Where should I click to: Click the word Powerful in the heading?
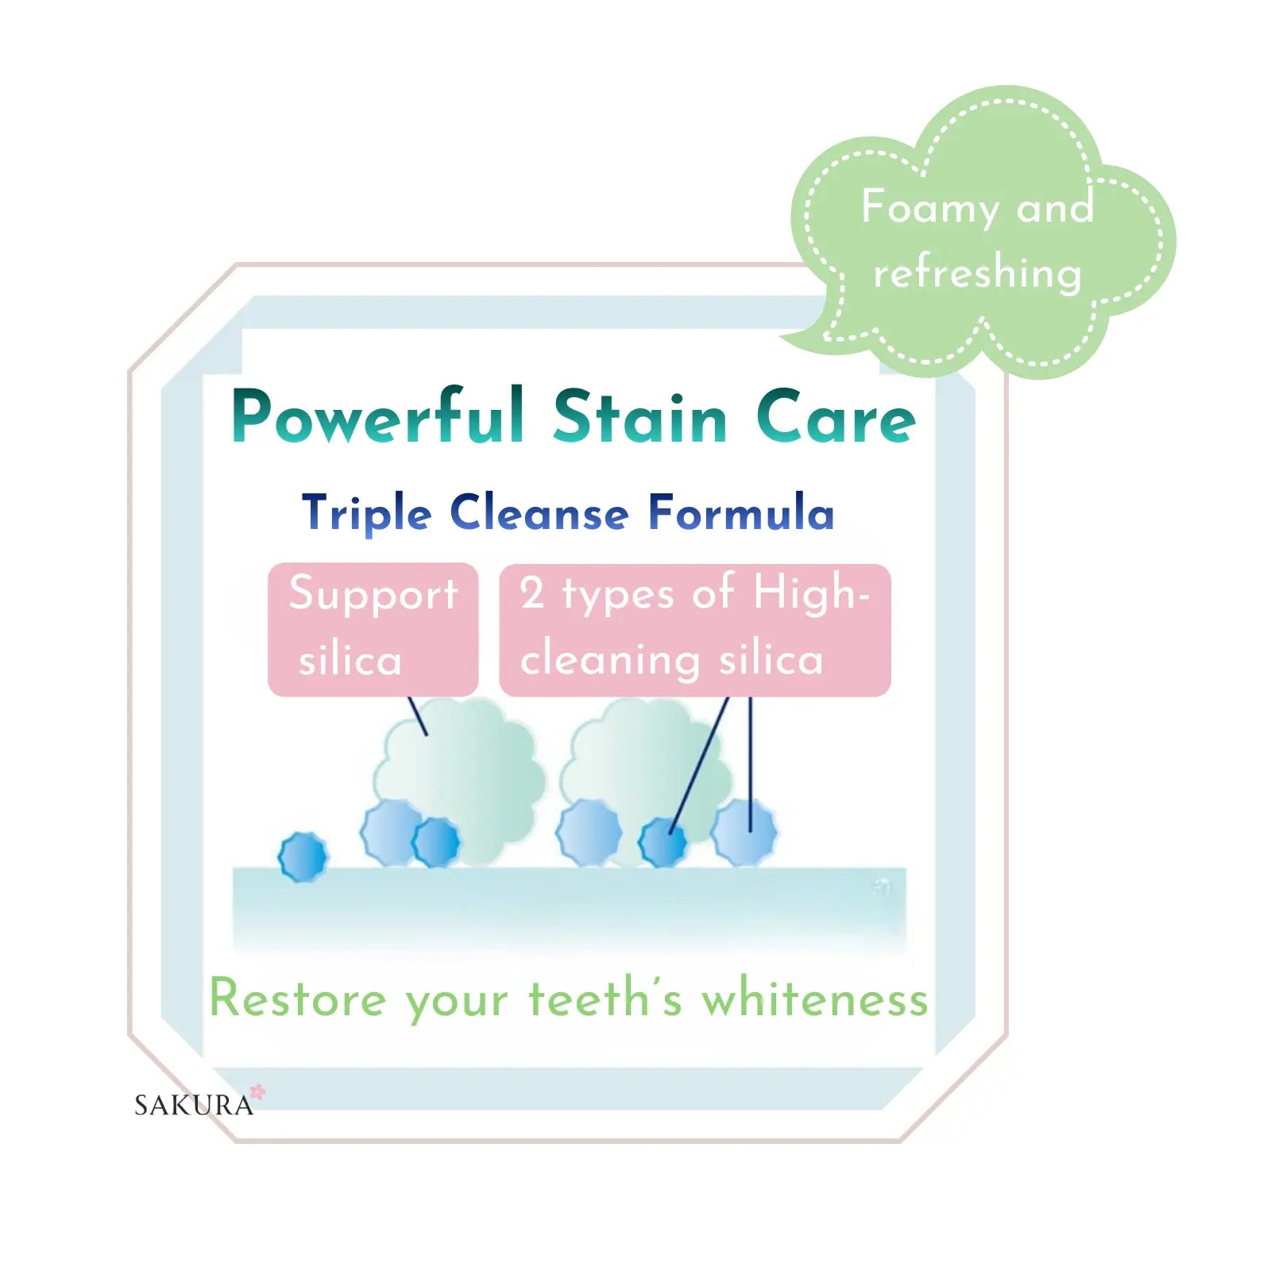(x=378, y=415)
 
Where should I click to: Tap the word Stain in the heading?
(x=640, y=415)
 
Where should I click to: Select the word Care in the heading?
(x=836, y=416)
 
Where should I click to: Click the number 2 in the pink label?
(x=532, y=593)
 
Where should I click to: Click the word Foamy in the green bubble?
(x=930, y=208)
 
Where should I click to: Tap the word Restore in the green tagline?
(x=298, y=999)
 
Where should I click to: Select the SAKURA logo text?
(x=194, y=1105)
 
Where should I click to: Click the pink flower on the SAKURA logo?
(x=257, y=1092)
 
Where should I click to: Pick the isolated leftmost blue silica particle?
(x=303, y=857)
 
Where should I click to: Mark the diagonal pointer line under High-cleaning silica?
(x=699, y=766)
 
